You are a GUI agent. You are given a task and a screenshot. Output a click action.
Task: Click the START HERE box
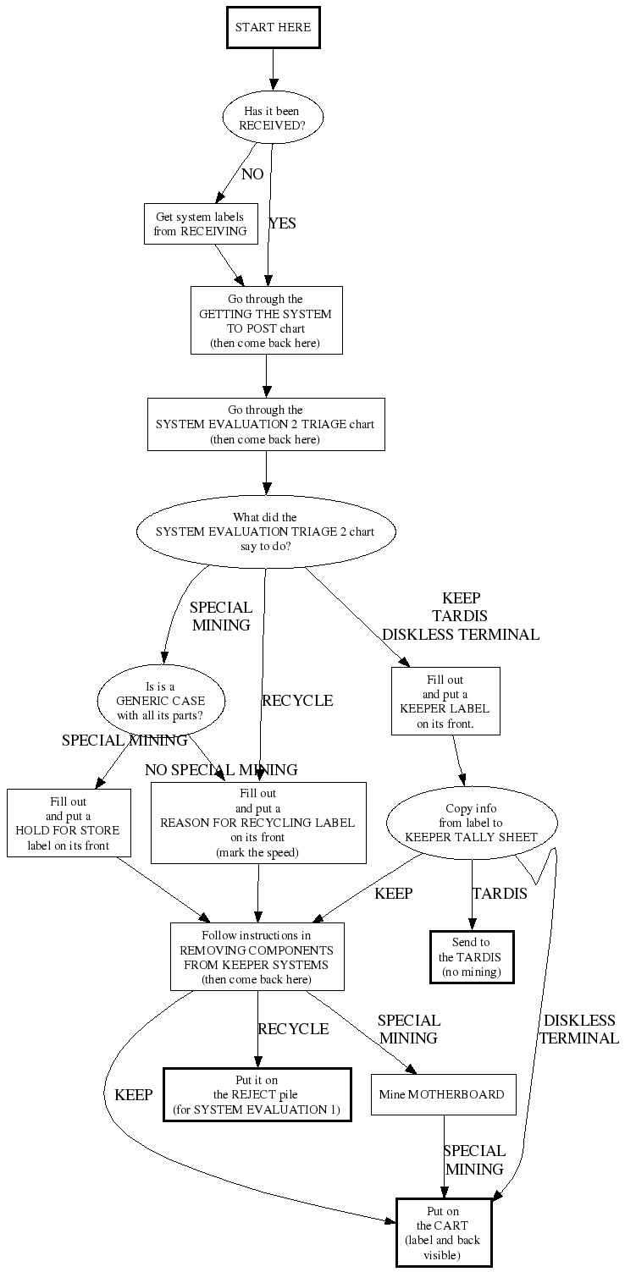coord(273,28)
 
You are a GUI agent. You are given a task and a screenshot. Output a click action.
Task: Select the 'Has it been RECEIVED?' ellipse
coord(273,118)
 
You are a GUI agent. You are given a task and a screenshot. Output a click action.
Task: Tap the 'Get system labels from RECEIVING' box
coord(201,224)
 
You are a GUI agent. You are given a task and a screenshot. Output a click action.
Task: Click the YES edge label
coord(283,223)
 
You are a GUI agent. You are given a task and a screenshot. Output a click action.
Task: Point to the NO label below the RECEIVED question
coord(252,174)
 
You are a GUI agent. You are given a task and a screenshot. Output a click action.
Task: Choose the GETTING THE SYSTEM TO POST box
coord(266,320)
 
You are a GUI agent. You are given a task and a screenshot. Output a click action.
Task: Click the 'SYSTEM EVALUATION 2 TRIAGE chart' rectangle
coord(266,424)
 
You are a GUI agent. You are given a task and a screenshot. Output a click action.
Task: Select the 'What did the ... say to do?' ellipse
coord(266,531)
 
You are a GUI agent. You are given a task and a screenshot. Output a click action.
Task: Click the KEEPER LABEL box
coord(445,701)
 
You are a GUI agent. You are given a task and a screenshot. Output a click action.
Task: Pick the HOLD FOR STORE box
coord(69,823)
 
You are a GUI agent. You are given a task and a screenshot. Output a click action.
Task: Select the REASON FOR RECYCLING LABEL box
coord(258,823)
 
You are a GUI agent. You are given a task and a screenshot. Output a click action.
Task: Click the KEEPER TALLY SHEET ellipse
coord(472,823)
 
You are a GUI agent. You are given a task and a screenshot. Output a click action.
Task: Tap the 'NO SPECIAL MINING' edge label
coord(221,770)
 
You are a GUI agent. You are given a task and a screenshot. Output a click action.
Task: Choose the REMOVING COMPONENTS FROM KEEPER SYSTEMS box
coord(257,956)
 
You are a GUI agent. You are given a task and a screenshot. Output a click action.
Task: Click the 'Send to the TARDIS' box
coord(472,957)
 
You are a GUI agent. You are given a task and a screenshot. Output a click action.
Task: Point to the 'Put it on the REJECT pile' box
coord(257,1095)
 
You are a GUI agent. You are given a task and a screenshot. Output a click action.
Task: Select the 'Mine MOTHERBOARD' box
coord(444,1094)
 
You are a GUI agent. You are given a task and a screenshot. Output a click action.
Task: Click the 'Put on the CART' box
coord(444,1231)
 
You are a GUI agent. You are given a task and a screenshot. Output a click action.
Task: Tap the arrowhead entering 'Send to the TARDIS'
coord(472,926)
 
